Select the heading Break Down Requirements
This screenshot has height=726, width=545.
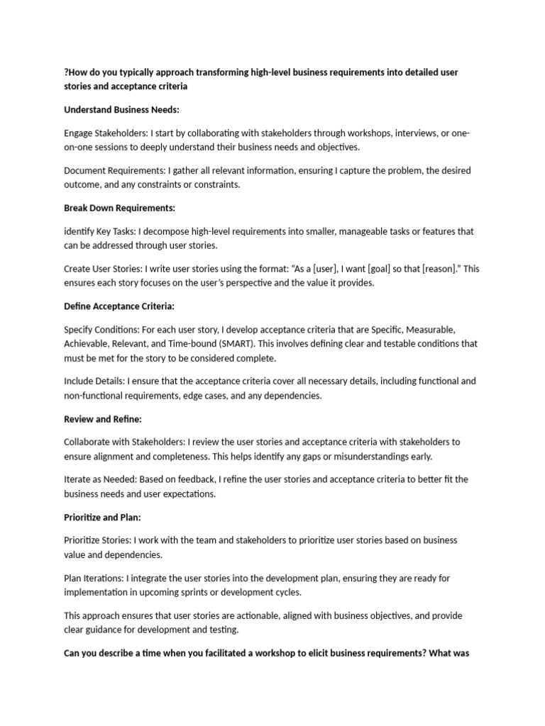point(119,208)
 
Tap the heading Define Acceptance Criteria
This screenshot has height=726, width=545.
point(119,306)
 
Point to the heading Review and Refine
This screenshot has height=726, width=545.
point(103,419)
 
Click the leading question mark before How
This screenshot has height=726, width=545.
point(67,72)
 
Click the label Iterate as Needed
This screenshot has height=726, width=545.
point(100,480)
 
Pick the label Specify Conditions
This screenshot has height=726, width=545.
point(102,330)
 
